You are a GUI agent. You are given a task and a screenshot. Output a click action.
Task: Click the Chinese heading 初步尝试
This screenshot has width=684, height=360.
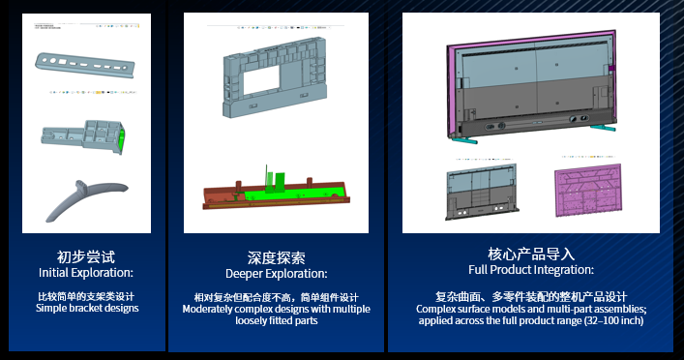pos(86,256)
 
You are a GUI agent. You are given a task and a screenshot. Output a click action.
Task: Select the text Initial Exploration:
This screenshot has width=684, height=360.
pos(86,273)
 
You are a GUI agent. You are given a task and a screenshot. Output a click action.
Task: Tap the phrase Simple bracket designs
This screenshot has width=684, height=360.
pos(86,309)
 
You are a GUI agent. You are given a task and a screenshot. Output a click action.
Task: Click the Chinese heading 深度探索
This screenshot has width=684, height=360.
pos(276,258)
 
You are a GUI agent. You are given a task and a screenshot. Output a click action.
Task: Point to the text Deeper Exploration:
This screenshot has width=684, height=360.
pos(276,274)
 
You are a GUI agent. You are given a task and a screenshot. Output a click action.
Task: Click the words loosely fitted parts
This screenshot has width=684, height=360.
pos(276,320)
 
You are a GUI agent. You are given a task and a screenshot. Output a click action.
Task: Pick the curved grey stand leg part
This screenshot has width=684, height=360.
pos(85,198)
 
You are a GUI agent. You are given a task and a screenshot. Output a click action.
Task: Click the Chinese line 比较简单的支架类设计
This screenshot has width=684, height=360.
pos(86,296)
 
